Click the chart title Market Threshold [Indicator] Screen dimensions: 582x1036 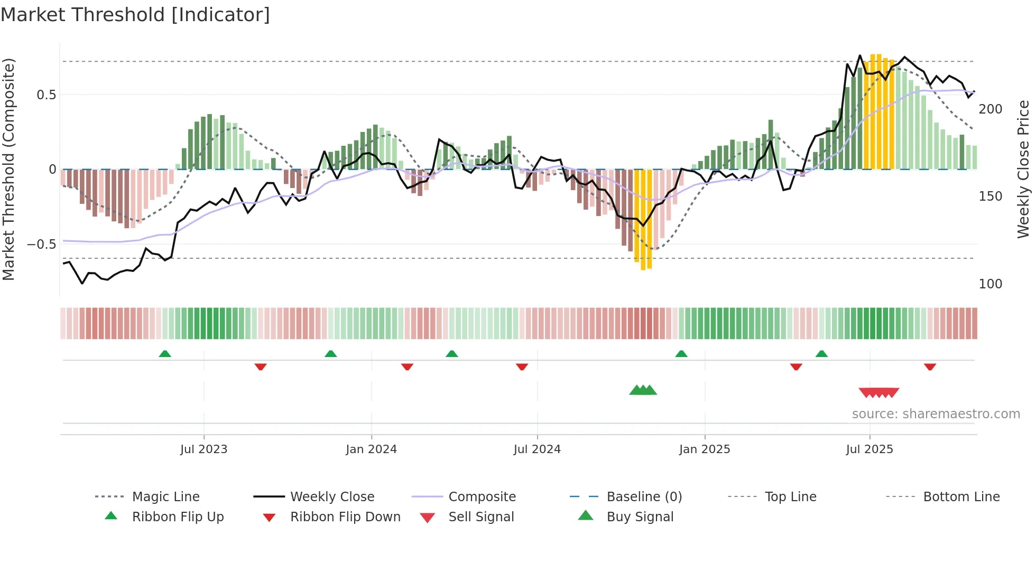click(x=135, y=15)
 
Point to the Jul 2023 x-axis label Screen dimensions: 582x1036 click(x=203, y=449)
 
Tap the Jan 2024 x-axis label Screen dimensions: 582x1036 click(x=371, y=449)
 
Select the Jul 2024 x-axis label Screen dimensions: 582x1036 click(x=537, y=449)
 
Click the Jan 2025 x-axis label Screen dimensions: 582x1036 click(x=705, y=449)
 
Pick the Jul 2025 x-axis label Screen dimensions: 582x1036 click(x=869, y=449)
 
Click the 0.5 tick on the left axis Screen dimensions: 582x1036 click(x=47, y=95)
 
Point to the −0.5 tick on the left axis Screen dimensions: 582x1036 click(x=42, y=245)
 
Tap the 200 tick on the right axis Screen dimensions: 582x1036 click(x=990, y=109)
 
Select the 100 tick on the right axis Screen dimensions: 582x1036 click(x=990, y=284)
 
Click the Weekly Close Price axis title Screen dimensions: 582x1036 click(x=1023, y=169)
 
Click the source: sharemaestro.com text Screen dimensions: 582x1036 click(x=936, y=414)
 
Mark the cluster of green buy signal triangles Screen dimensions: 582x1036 click(x=643, y=390)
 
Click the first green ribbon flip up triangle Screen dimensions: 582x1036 click(x=165, y=354)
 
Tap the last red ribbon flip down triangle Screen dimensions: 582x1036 click(x=930, y=367)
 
